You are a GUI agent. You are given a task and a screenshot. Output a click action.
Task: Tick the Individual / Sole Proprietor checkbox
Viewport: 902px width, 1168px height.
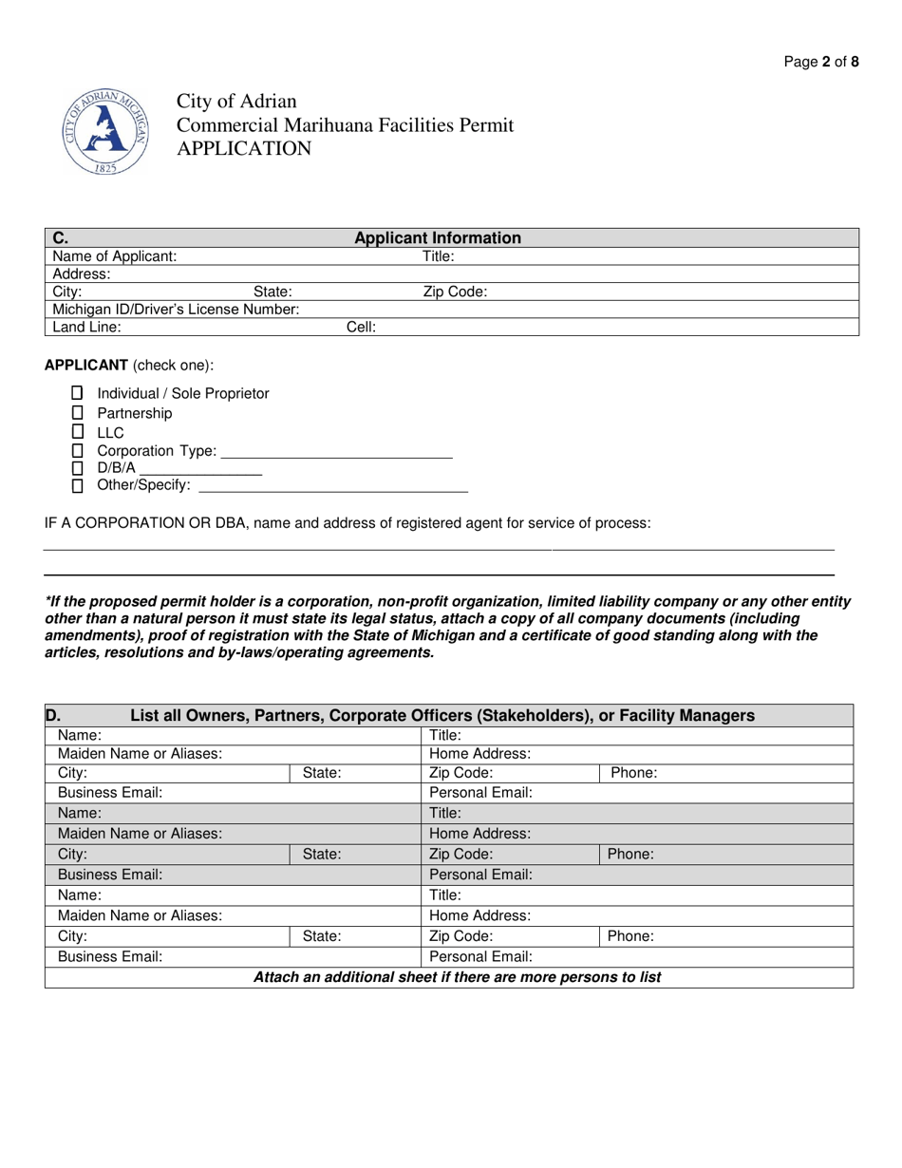[78, 393]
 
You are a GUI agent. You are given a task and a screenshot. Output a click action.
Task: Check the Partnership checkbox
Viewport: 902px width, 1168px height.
[78, 413]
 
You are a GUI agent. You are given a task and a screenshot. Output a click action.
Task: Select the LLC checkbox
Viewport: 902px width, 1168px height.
[78, 432]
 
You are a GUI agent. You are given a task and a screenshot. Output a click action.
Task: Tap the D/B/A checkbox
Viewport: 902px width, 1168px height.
[78, 468]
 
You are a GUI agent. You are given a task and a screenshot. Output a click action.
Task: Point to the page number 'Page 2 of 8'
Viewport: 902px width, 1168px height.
[821, 63]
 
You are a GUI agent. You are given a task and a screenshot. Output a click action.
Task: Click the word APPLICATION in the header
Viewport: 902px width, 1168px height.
[244, 149]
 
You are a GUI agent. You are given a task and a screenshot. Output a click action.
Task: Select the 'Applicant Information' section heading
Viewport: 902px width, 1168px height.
[438, 238]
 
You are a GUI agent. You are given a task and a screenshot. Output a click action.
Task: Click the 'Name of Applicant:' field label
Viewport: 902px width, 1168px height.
[115, 256]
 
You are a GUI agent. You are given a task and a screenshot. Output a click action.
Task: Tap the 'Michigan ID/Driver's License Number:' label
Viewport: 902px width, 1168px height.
[177, 310]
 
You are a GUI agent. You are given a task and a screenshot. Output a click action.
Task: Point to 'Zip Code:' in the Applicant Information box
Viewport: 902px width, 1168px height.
[455, 292]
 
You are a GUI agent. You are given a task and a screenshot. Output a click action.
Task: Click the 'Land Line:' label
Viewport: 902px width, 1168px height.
[87, 328]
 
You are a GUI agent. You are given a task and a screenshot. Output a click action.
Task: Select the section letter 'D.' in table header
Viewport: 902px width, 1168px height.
[53, 715]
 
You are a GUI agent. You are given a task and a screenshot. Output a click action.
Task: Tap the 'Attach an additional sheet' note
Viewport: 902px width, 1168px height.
[458, 977]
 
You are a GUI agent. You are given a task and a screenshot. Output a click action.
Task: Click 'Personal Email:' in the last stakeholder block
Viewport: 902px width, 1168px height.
[480, 957]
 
